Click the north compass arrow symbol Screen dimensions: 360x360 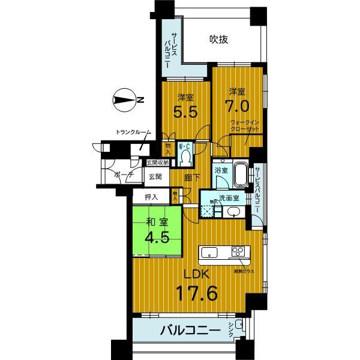(125, 100)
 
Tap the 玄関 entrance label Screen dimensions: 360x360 (156, 176)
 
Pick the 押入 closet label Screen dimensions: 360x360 (152, 196)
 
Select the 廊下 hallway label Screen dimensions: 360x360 (192, 178)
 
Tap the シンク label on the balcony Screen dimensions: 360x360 (232, 329)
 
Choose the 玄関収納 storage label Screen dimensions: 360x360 (157, 161)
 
